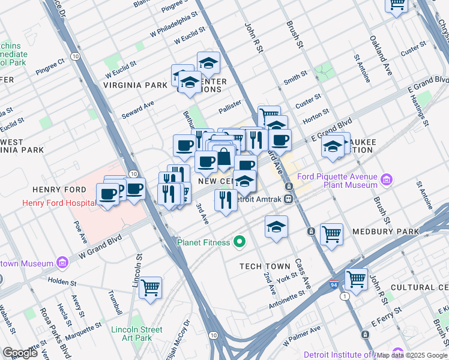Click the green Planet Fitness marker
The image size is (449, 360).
240,242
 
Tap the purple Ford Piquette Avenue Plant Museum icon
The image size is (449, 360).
386,179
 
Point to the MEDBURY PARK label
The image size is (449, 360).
414,232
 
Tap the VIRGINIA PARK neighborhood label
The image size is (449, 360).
135,85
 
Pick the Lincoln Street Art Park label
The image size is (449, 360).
136,334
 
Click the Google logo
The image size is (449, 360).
20,353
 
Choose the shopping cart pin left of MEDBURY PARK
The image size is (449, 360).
331,235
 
